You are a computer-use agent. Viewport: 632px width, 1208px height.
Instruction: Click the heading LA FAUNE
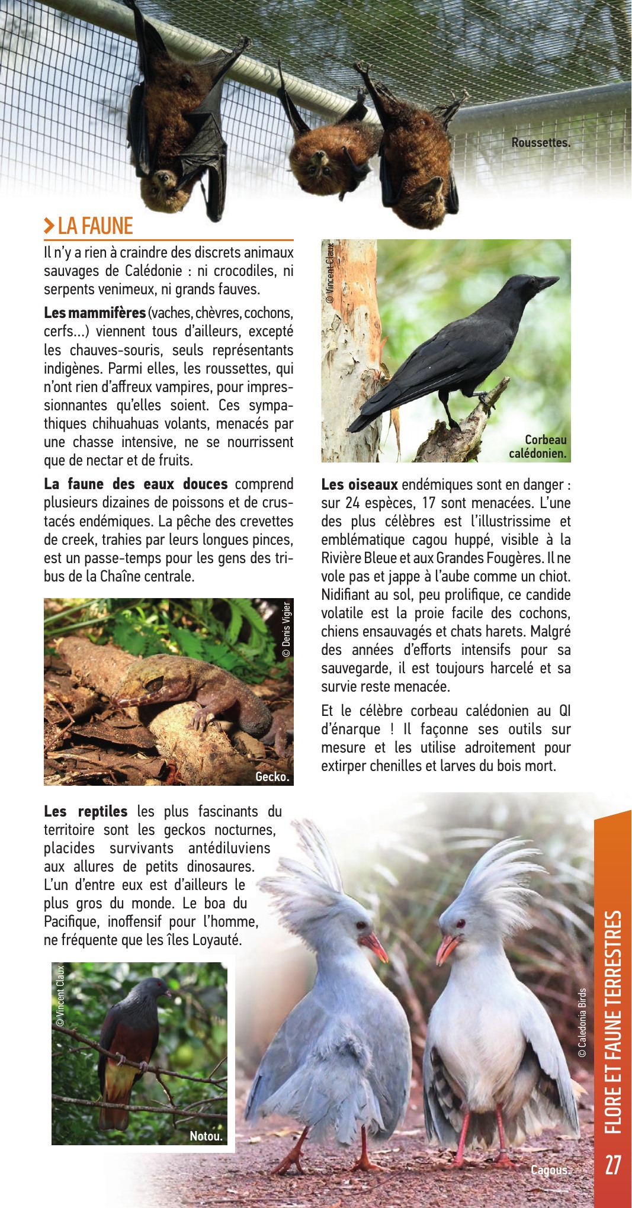coord(95,226)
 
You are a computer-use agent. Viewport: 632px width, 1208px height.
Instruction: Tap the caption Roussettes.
coord(540,143)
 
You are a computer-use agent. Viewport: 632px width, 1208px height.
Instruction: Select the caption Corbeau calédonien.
coord(538,447)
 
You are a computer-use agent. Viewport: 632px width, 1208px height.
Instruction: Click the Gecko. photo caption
coord(272,777)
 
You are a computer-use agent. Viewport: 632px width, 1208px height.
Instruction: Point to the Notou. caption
coord(206,1136)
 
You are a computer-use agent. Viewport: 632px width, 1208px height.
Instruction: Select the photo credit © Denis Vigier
coord(287,629)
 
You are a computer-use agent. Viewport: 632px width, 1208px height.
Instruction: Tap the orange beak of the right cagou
coord(445,948)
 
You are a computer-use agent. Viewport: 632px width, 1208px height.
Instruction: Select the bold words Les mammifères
coord(95,313)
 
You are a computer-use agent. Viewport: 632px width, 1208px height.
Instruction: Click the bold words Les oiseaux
coord(360,484)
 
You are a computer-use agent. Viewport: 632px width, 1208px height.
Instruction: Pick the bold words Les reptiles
coord(86,811)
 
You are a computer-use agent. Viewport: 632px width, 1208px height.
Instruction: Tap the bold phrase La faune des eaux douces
coord(136,484)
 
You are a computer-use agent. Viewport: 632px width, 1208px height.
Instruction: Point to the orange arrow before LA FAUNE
coord(49,226)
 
